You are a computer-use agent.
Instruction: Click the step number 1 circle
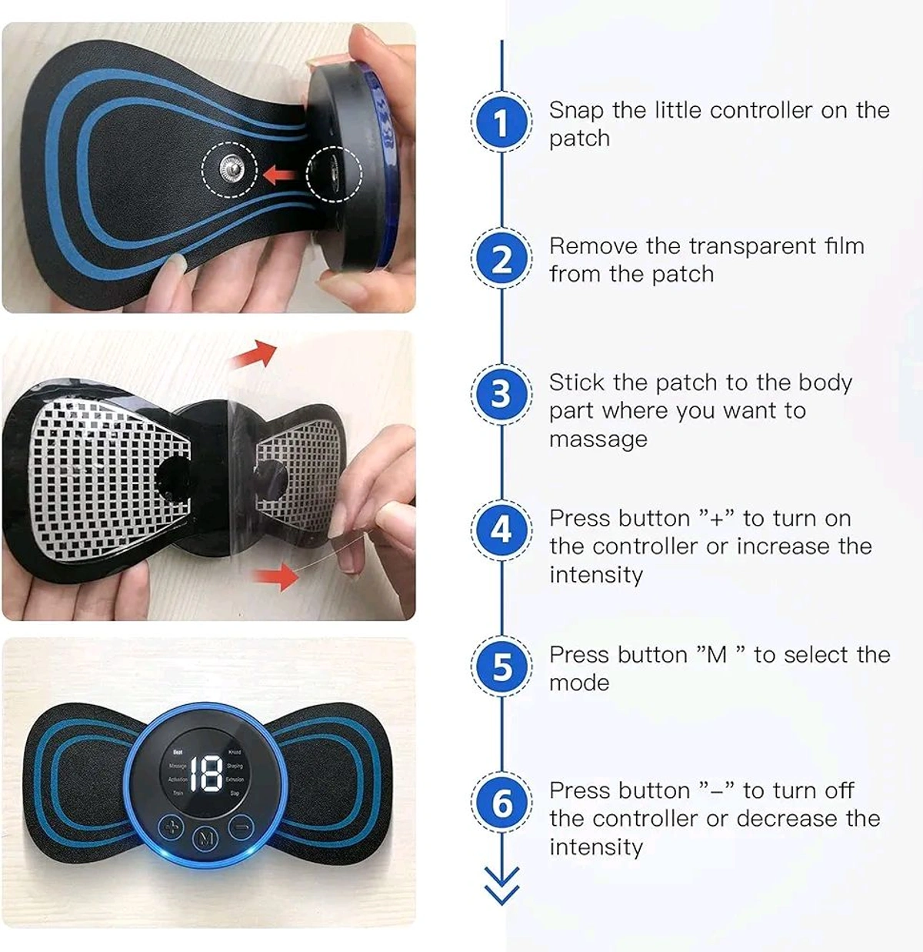coord(501,123)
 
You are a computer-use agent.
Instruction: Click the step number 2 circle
coord(501,259)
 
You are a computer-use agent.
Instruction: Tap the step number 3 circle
coord(501,394)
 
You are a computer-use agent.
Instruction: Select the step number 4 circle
coord(501,529)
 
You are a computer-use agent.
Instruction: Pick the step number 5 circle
coord(501,666)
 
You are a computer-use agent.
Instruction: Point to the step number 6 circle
coord(501,803)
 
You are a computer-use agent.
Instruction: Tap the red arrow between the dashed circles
coord(280,175)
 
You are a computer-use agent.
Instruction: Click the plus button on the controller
coord(172,829)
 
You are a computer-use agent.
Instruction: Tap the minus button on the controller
coord(241,828)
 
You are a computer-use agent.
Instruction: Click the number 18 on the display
coord(205,773)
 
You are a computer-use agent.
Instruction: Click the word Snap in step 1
coord(576,111)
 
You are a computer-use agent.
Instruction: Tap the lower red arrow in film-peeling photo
coord(277,575)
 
